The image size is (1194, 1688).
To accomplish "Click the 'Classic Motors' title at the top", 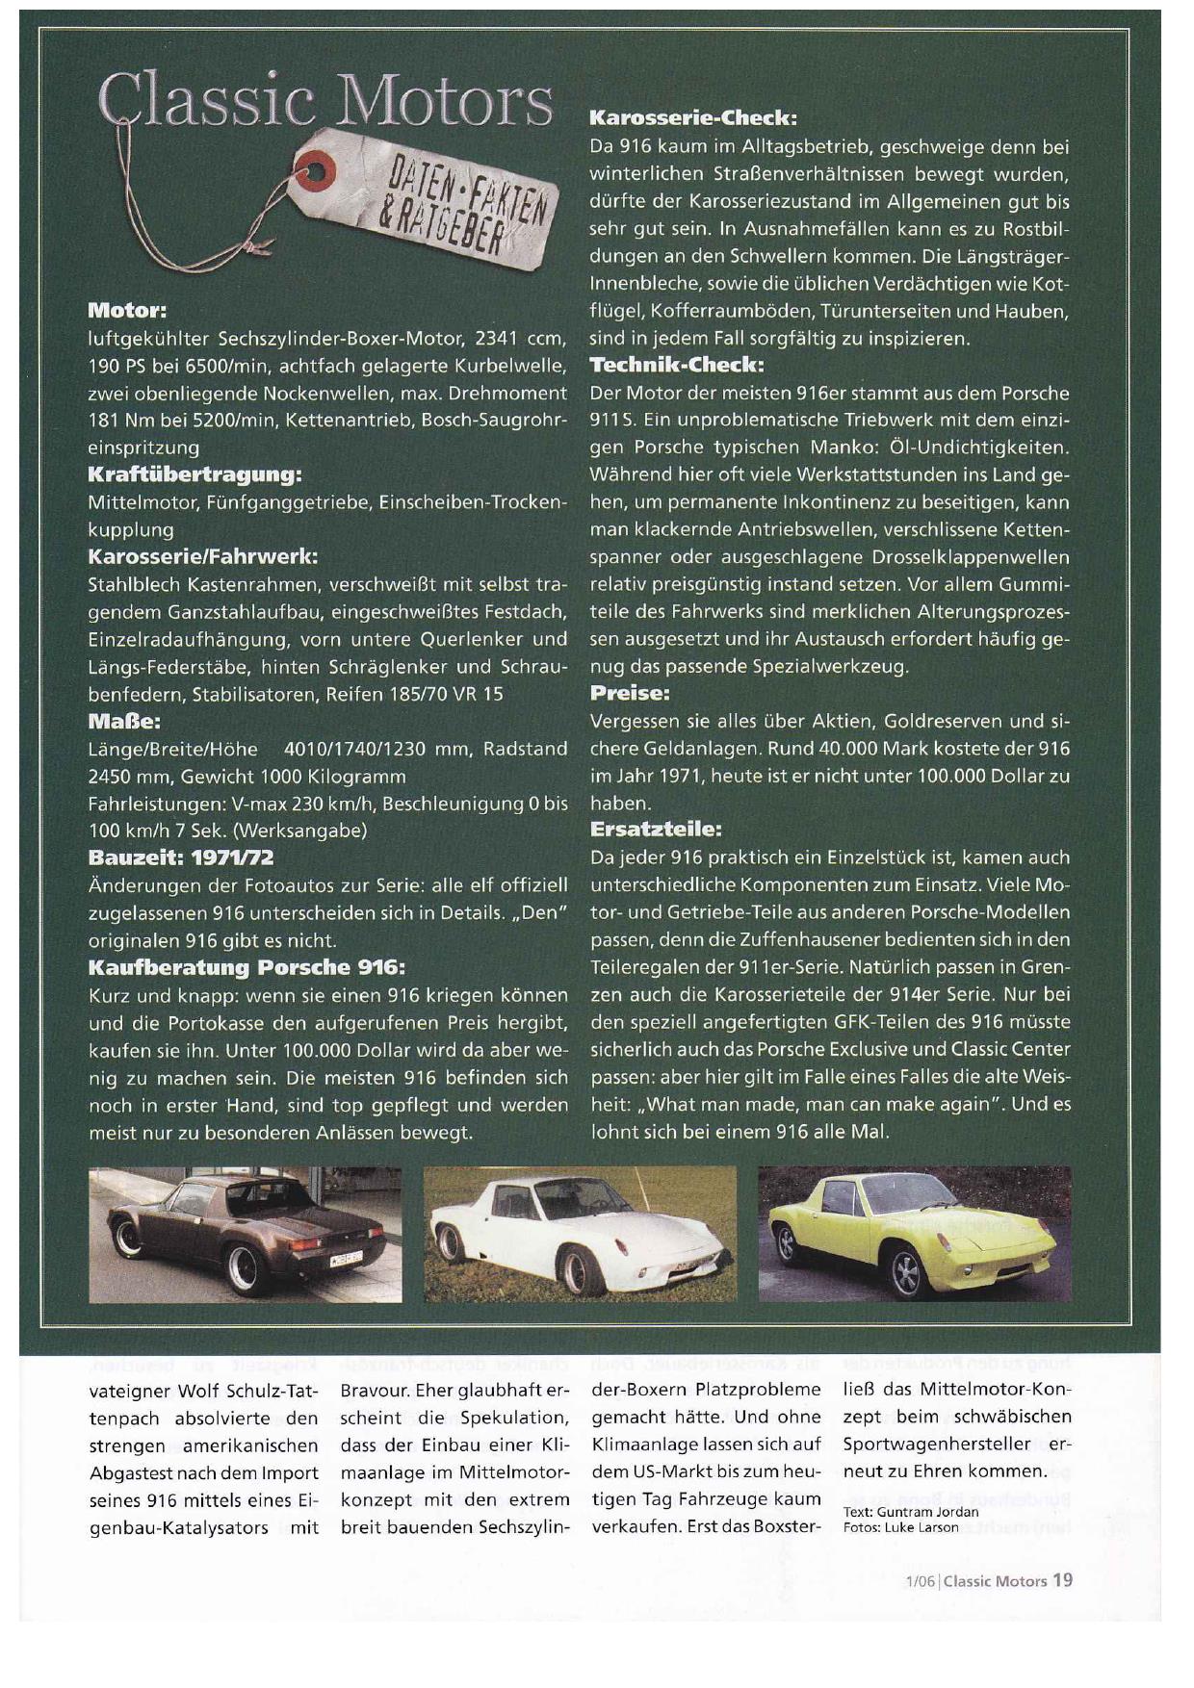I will [x=325, y=101].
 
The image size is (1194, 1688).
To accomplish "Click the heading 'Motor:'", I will [x=127, y=311].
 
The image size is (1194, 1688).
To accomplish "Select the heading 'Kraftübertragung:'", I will [x=195, y=474].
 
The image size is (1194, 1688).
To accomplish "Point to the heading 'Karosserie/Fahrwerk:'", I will [x=202, y=556].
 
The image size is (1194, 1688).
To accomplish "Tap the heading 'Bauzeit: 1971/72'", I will [x=181, y=857].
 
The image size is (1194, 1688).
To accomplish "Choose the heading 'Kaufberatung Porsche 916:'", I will [x=247, y=966].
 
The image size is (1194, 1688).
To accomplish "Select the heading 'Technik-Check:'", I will [x=676, y=365].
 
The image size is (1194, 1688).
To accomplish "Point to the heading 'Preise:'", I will [x=629, y=693].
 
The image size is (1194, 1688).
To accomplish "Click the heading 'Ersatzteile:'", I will [x=655, y=829].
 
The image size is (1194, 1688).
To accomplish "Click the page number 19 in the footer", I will [x=1062, y=1579].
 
